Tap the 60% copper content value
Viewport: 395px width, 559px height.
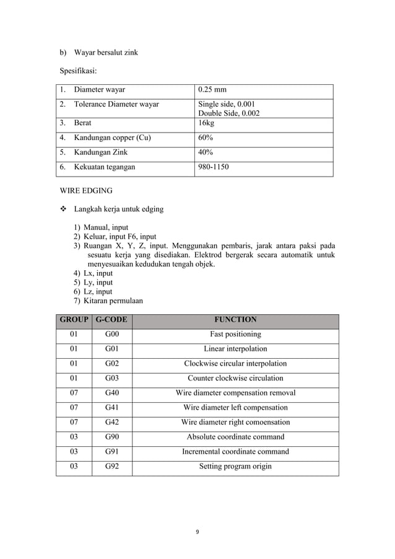coord(206,138)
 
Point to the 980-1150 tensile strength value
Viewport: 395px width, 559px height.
coord(214,167)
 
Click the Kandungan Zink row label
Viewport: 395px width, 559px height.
coord(102,152)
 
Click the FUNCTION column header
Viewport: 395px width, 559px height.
coord(235,320)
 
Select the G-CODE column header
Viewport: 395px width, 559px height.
coord(112,320)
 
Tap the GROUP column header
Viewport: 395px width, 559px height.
coord(74,320)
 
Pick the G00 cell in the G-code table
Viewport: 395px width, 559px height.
coord(112,334)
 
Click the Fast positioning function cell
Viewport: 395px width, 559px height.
coord(235,334)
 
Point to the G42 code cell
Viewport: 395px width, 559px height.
coord(112,422)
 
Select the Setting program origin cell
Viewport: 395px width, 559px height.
coord(235,466)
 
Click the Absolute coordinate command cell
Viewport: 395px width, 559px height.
coord(235,437)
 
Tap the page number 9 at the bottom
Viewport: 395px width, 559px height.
coord(197,530)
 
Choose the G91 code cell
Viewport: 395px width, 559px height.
coord(112,452)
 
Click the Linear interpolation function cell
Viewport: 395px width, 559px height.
coord(235,349)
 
